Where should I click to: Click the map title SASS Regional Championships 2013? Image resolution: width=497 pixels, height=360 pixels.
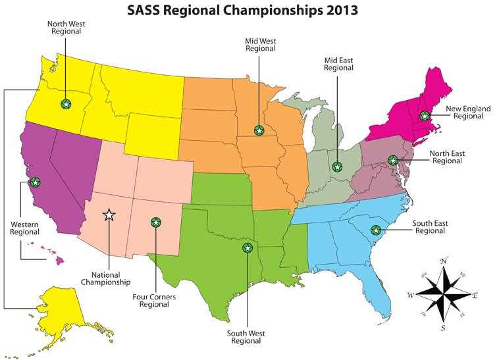(x=248, y=11)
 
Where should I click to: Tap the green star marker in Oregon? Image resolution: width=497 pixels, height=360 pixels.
(x=65, y=104)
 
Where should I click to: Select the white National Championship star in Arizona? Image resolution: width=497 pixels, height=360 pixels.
(x=109, y=214)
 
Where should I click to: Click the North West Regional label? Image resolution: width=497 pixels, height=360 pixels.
(x=65, y=28)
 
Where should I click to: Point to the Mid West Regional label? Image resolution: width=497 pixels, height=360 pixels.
(x=259, y=44)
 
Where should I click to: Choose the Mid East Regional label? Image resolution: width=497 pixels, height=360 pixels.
(x=338, y=63)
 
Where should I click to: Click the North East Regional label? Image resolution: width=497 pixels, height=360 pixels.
(x=447, y=157)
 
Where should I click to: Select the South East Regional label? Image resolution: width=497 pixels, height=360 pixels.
(x=430, y=228)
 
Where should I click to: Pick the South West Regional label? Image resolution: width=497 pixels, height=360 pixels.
(x=246, y=336)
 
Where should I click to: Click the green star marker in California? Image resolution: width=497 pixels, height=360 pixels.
(x=35, y=182)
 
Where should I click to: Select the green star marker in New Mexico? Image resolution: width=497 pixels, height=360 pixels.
(x=155, y=222)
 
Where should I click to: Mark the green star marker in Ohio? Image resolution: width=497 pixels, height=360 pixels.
(x=338, y=167)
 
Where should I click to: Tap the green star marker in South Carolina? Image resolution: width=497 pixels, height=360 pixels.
(x=376, y=230)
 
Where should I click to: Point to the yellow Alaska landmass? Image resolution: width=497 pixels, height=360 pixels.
(x=63, y=309)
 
